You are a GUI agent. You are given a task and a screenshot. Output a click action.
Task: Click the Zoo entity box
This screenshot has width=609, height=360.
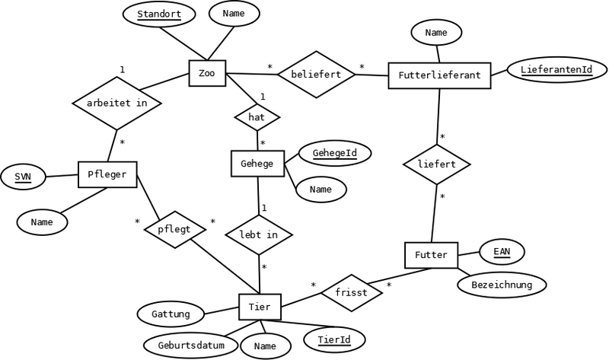(x=206, y=75)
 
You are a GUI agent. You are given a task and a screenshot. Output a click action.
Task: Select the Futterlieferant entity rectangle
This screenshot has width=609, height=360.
(x=438, y=75)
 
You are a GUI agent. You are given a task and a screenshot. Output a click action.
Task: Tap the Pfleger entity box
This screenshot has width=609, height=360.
(x=107, y=174)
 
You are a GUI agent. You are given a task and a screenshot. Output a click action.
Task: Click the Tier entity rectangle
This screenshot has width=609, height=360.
(x=260, y=307)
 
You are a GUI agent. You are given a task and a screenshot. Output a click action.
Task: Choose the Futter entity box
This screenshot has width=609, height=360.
(x=431, y=253)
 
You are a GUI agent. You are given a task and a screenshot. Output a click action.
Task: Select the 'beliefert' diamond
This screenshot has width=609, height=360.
(x=314, y=75)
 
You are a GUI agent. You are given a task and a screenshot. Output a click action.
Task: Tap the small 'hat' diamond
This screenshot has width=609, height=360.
(x=257, y=118)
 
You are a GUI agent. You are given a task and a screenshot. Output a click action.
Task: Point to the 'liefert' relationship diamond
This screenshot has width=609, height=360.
(x=437, y=164)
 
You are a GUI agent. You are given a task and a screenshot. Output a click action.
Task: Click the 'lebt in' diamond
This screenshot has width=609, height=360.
(x=259, y=234)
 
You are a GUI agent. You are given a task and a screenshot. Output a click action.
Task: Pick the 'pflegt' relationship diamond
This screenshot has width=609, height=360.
(x=175, y=228)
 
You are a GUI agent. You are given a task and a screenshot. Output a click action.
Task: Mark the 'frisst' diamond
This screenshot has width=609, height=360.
(x=350, y=292)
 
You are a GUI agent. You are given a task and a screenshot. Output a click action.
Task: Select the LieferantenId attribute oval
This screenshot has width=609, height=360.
(x=557, y=71)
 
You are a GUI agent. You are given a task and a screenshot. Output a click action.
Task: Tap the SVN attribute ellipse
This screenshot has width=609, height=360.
(x=23, y=177)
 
